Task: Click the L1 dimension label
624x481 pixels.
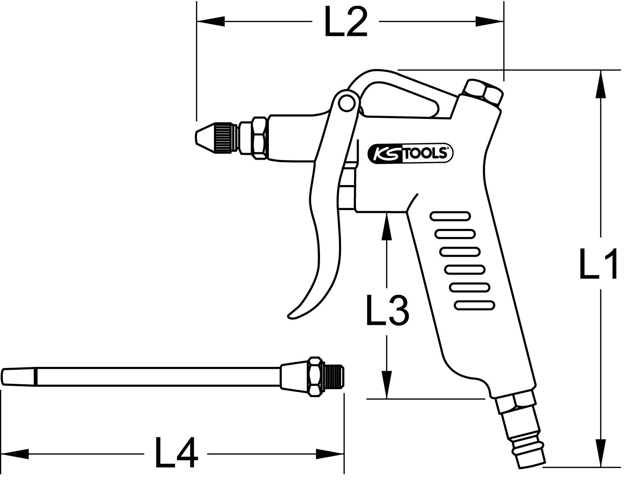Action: coord(598,264)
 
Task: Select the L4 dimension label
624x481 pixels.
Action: coord(176,453)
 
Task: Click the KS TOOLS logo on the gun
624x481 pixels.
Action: coord(411,153)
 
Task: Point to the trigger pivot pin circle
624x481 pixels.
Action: coord(345,103)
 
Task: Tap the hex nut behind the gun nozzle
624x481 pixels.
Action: coord(259,138)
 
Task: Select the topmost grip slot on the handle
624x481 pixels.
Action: coord(450,216)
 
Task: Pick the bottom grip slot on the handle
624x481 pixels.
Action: coord(475,306)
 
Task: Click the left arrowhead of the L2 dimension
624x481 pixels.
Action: coord(210,22)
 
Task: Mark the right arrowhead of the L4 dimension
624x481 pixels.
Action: coord(330,454)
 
